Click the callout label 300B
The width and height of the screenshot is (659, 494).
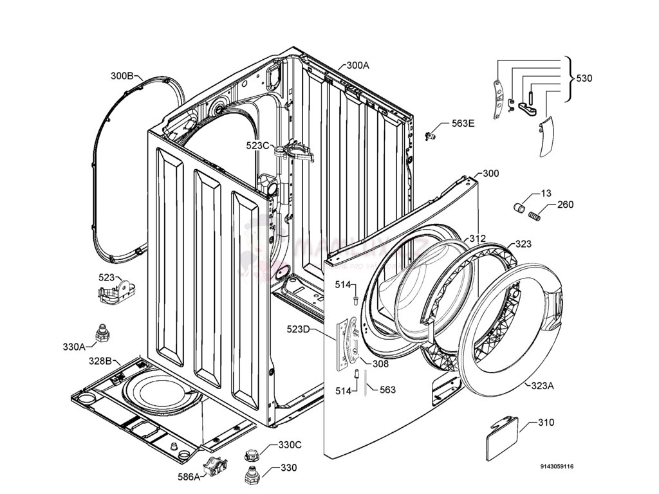(122, 76)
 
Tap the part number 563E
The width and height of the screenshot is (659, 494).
(463, 123)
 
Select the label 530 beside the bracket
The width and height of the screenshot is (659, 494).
(584, 78)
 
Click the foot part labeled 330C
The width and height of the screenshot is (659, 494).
(251, 455)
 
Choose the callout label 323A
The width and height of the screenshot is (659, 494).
(543, 386)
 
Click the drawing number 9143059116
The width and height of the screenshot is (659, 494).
(557, 467)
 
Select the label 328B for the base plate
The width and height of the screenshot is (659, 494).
(100, 360)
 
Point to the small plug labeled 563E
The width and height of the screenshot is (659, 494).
(431, 134)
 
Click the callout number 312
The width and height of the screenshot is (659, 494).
(477, 239)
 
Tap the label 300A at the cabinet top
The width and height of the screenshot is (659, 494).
(358, 65)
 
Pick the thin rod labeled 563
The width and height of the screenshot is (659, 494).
(366, 384)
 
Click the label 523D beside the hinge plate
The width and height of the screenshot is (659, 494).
(299, 330)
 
